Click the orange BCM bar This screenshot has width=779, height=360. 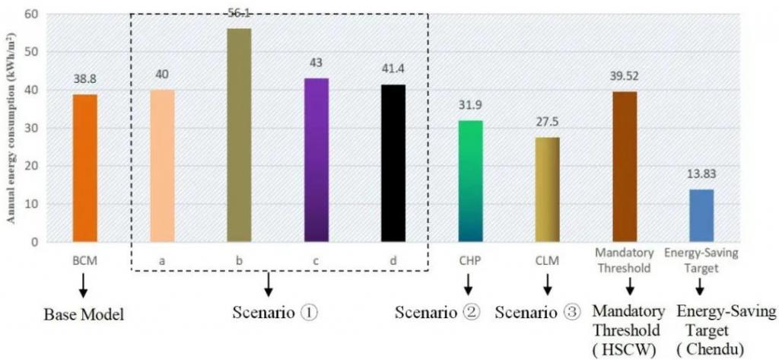pos(84,168)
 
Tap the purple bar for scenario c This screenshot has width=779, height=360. pos(316,160)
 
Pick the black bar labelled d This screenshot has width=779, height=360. pos(393,163)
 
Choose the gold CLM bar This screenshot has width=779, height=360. pos(548,190)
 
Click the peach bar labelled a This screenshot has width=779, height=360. pos(162,166)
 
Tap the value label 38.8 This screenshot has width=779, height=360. pos(84,79)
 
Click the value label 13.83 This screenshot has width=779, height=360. pos(701,174)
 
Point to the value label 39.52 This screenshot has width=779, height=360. pos(625,76)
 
